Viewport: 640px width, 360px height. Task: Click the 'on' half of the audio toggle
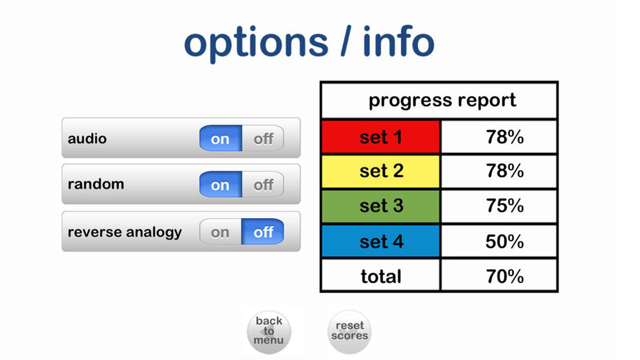[x=221, y=138]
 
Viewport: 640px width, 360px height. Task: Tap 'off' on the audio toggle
[x=263, y=138]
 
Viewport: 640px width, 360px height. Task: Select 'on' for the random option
[x=221, y=184]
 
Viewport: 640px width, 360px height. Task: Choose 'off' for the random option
[x=263, y=184]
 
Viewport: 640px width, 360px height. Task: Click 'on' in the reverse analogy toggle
[x=221, y=232]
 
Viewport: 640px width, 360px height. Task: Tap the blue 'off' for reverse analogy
[x=263, y=232]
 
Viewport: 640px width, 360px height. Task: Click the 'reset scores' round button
[x=349, y=331]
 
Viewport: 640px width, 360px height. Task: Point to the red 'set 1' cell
[x=381, y=137]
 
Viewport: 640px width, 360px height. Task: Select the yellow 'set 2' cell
[x=381, y=171]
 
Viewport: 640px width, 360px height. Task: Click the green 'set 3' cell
[x=381, y=206]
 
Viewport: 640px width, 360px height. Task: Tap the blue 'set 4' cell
[x=381, y=241]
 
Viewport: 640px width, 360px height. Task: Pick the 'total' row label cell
[x=381, y=276]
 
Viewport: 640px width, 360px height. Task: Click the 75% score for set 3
[x=504, y=206]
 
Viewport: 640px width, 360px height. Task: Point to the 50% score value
[x=504, y=241]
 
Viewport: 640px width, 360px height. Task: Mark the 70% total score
[x=504, y=276]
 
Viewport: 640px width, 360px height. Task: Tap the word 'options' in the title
[x=256, y=43]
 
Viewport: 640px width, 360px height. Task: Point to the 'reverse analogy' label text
[x=124, y=232]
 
